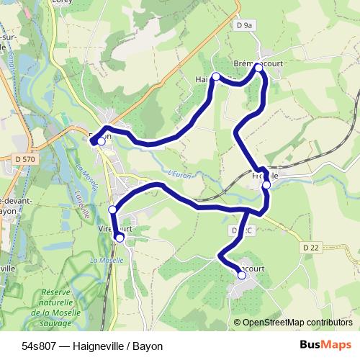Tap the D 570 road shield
pos(24,158)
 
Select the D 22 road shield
pos(311,247)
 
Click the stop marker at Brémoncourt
pos(258,67)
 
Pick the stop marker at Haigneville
pos(215,76)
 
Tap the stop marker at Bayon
pos(102,142)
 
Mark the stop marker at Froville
pos(266,185)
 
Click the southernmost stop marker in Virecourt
pos(120,236)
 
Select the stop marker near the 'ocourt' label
pos(242,275)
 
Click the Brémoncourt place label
pos(258,63)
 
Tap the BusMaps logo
pos(325,345)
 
